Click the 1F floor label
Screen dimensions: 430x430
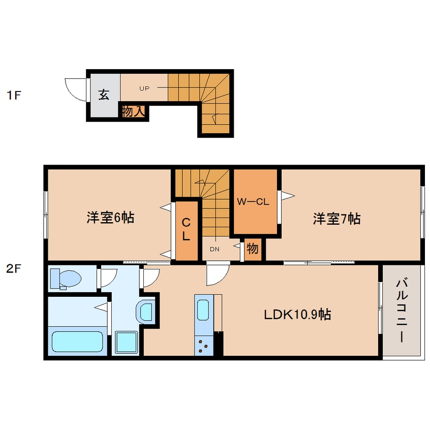click(14, 96)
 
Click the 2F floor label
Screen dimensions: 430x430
click(14, 269)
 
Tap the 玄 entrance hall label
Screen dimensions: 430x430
click(104, 95)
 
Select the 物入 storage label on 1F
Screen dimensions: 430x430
click(134, 111)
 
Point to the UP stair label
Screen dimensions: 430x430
click(144, 88)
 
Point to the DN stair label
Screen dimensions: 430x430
click(214, 249)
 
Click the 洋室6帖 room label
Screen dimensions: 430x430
click(110, 218)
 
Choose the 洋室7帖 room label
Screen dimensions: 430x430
click(337, 219)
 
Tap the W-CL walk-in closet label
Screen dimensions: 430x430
click(253, 202)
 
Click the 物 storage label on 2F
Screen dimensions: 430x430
click(253, 249)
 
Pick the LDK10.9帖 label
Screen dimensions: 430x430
click(297, 314)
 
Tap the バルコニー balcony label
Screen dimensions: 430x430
click(402, 310)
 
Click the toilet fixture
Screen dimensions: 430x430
click(66, 279)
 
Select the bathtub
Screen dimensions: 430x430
click(78, 342)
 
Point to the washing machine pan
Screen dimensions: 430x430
click(127, 342)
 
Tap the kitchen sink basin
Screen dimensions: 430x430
click(203, 310)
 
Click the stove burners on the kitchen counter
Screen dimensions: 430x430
click(203, 346)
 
